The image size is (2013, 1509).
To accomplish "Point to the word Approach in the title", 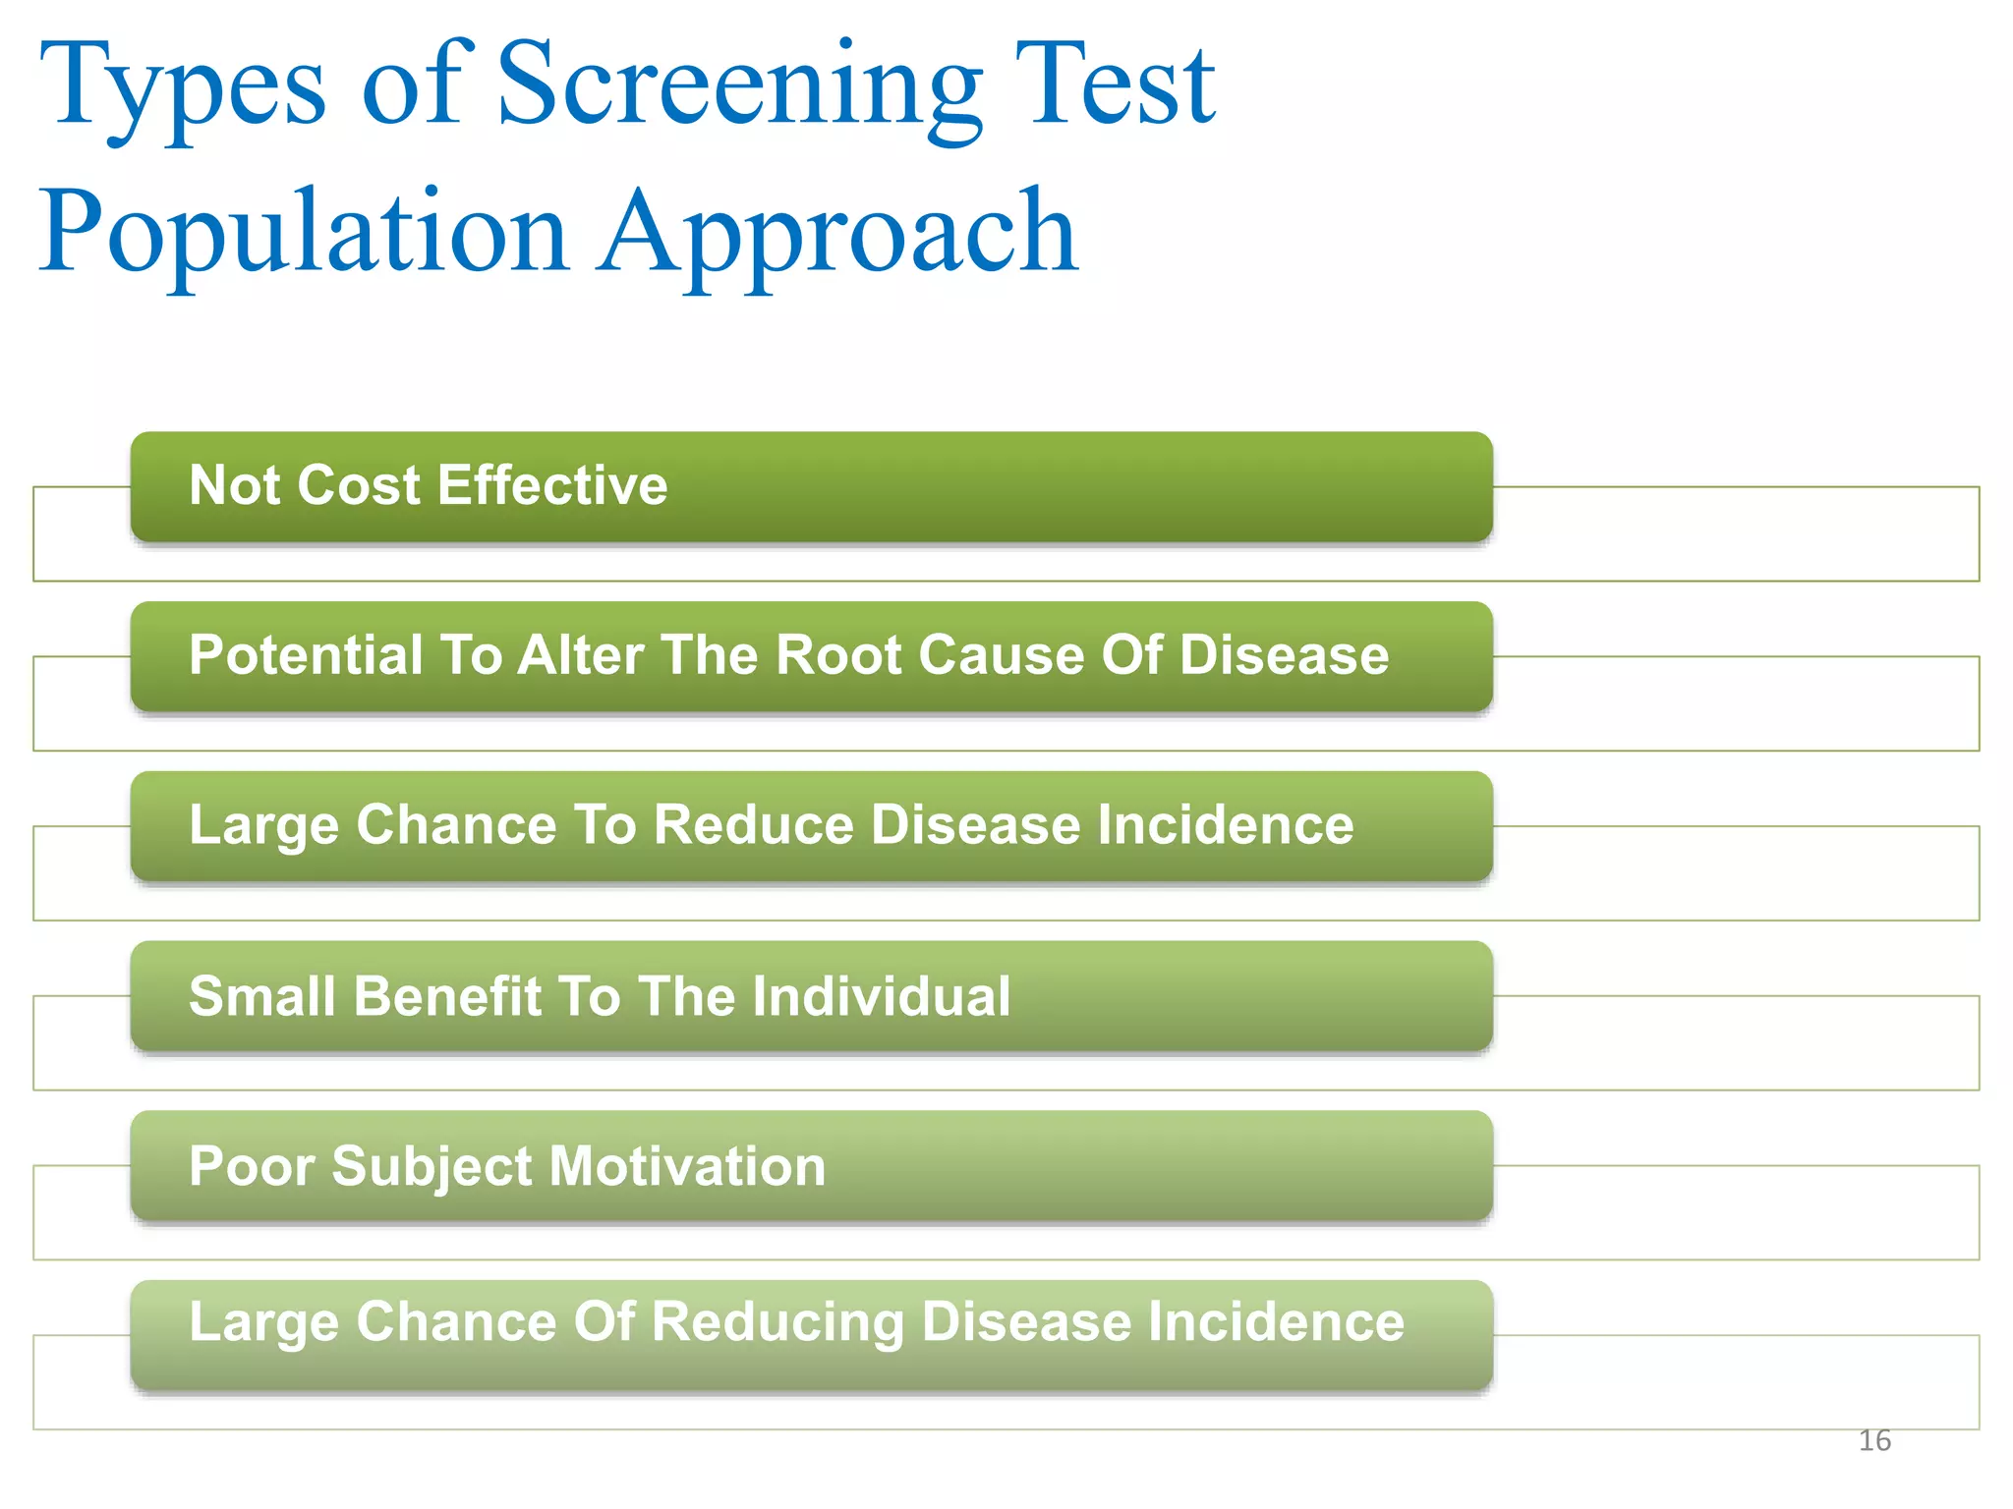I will coord(839,236).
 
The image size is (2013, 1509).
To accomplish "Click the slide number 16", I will coord(1874,1440).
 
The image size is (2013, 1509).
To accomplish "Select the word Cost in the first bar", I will coord(359,485).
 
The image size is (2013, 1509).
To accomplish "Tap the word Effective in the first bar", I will coord(552,485).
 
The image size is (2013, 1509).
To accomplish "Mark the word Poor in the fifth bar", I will coord(252,1166).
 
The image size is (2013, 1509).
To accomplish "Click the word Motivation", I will coord(687,1166).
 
